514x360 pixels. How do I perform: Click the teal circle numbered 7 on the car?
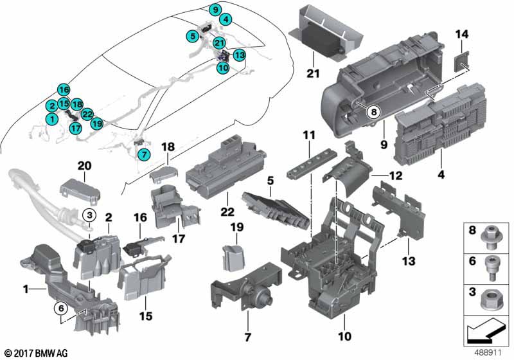click(143, 154)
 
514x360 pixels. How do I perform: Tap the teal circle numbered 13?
click(238, 55)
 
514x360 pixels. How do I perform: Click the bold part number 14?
click(463, 33)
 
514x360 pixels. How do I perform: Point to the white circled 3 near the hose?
click(91, 215)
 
